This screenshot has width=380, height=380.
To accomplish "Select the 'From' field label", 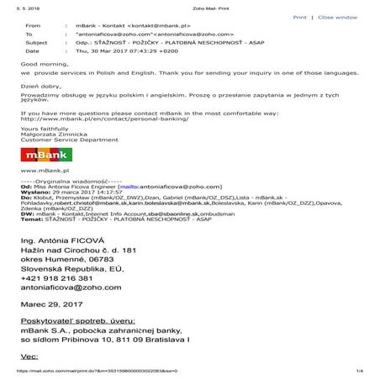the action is click(x=33, y=26).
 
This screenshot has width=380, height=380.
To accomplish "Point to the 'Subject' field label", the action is click(x=36, y=44).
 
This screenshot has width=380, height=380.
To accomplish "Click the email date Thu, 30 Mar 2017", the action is click(x=126, y=52).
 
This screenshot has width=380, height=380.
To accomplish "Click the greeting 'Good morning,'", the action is click(x=40, y=64).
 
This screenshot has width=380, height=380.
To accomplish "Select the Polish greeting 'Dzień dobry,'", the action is click(x=39, y=87).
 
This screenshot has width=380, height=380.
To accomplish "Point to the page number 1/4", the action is click(x=358, y=371).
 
